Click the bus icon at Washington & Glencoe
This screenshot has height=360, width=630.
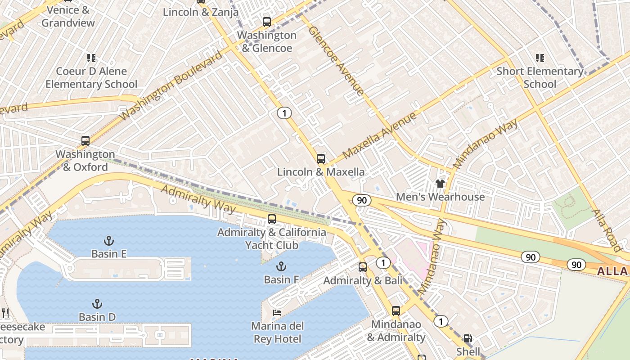(266, 22)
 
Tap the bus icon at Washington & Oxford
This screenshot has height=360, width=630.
(85, 140)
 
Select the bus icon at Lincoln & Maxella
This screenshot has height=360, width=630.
(320, 158)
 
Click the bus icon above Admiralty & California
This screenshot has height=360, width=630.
(271, 219)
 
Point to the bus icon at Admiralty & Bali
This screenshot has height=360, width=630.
(363, 267)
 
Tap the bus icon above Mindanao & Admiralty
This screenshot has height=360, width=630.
(396, 310)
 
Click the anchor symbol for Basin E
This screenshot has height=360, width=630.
(108, 240)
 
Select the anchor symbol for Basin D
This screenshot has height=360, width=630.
(97, 304)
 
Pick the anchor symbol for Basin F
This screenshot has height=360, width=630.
(281, 266)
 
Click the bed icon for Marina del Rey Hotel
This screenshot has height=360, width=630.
(278, 312)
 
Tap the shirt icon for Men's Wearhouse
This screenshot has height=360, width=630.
(440, 183)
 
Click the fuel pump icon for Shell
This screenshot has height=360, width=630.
(468, 338)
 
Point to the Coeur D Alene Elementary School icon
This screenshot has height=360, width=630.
(91, 58)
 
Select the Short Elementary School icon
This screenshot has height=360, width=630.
(540, 58)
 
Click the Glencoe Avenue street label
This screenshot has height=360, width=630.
(336, 61)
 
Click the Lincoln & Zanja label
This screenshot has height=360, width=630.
(201, 12)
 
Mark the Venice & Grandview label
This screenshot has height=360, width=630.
(68, 16)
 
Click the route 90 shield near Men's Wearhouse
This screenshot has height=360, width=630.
(362, 200)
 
